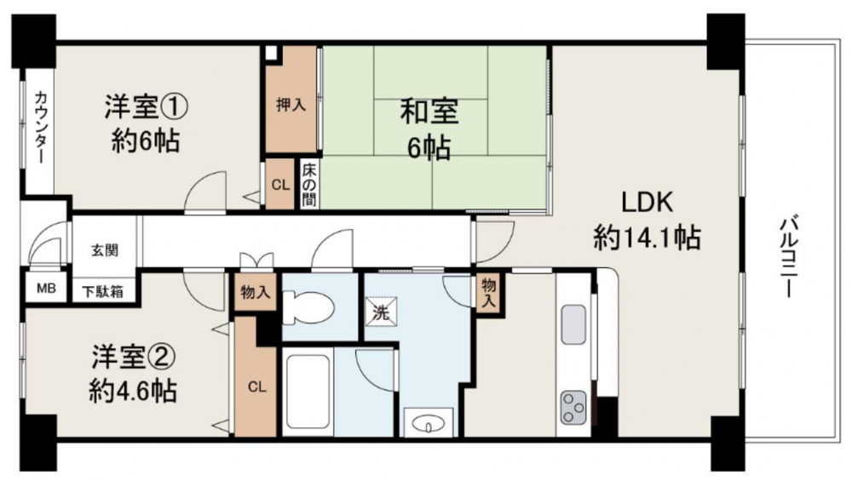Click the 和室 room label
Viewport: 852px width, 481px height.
(429, 112)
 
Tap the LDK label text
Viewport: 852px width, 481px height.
(648, 203)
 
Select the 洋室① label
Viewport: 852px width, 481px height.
(147, 107)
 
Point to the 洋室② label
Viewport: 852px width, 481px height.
(133, 357)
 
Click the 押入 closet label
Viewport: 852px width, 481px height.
(291, 105)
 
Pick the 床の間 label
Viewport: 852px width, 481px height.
(309, 185)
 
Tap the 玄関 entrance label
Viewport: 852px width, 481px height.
(105, 251)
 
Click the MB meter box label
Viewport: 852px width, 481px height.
(46, 289)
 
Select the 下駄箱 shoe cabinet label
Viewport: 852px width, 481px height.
(103, 292)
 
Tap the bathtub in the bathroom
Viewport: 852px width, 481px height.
(307, 391)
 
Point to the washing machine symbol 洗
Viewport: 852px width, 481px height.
(381, 312)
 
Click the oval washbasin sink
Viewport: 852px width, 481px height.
(429, 423)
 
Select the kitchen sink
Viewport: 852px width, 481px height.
(573, 324)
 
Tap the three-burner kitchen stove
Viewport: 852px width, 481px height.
(573, 407)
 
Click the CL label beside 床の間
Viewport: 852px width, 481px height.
(280, 185)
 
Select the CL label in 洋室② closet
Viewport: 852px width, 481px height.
(256, 387)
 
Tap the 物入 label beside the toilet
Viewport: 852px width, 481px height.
(256, 293)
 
